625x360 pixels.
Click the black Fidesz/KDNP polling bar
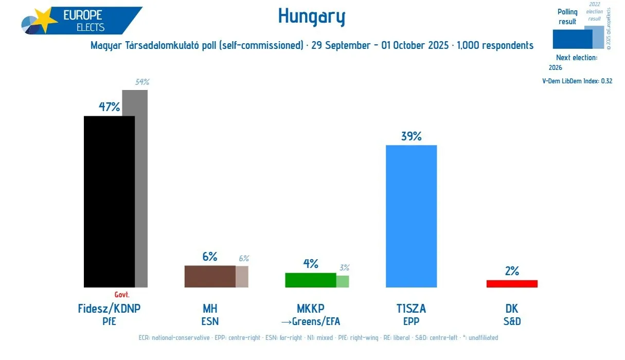[x=109, y=201]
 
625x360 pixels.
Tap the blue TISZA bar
[x=411, y=216]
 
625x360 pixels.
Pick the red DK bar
[x=512, y=283]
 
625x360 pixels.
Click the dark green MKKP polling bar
[x=310, y=280]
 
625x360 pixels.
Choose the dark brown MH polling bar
[x=210, y=276]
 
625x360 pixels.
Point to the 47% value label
[x=109, y=107]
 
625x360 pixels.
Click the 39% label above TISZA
[x=411, y=136]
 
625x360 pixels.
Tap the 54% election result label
[x=142, y=82]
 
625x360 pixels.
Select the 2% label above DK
[x=512, y=271]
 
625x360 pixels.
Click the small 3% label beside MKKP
[x=344, y=267]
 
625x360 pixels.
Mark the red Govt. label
[x=121, y=295]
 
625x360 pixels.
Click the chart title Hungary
[x=312, y=16]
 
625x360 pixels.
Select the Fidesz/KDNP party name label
[x=109, y=309]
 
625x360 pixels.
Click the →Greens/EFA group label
[x=310, y=322]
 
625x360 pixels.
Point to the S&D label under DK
[x=512, y=322]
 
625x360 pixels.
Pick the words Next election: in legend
[x=577, y=58]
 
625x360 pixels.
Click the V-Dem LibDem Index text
[x=577, y=81]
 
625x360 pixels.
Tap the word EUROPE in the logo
[x=82, y=15]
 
